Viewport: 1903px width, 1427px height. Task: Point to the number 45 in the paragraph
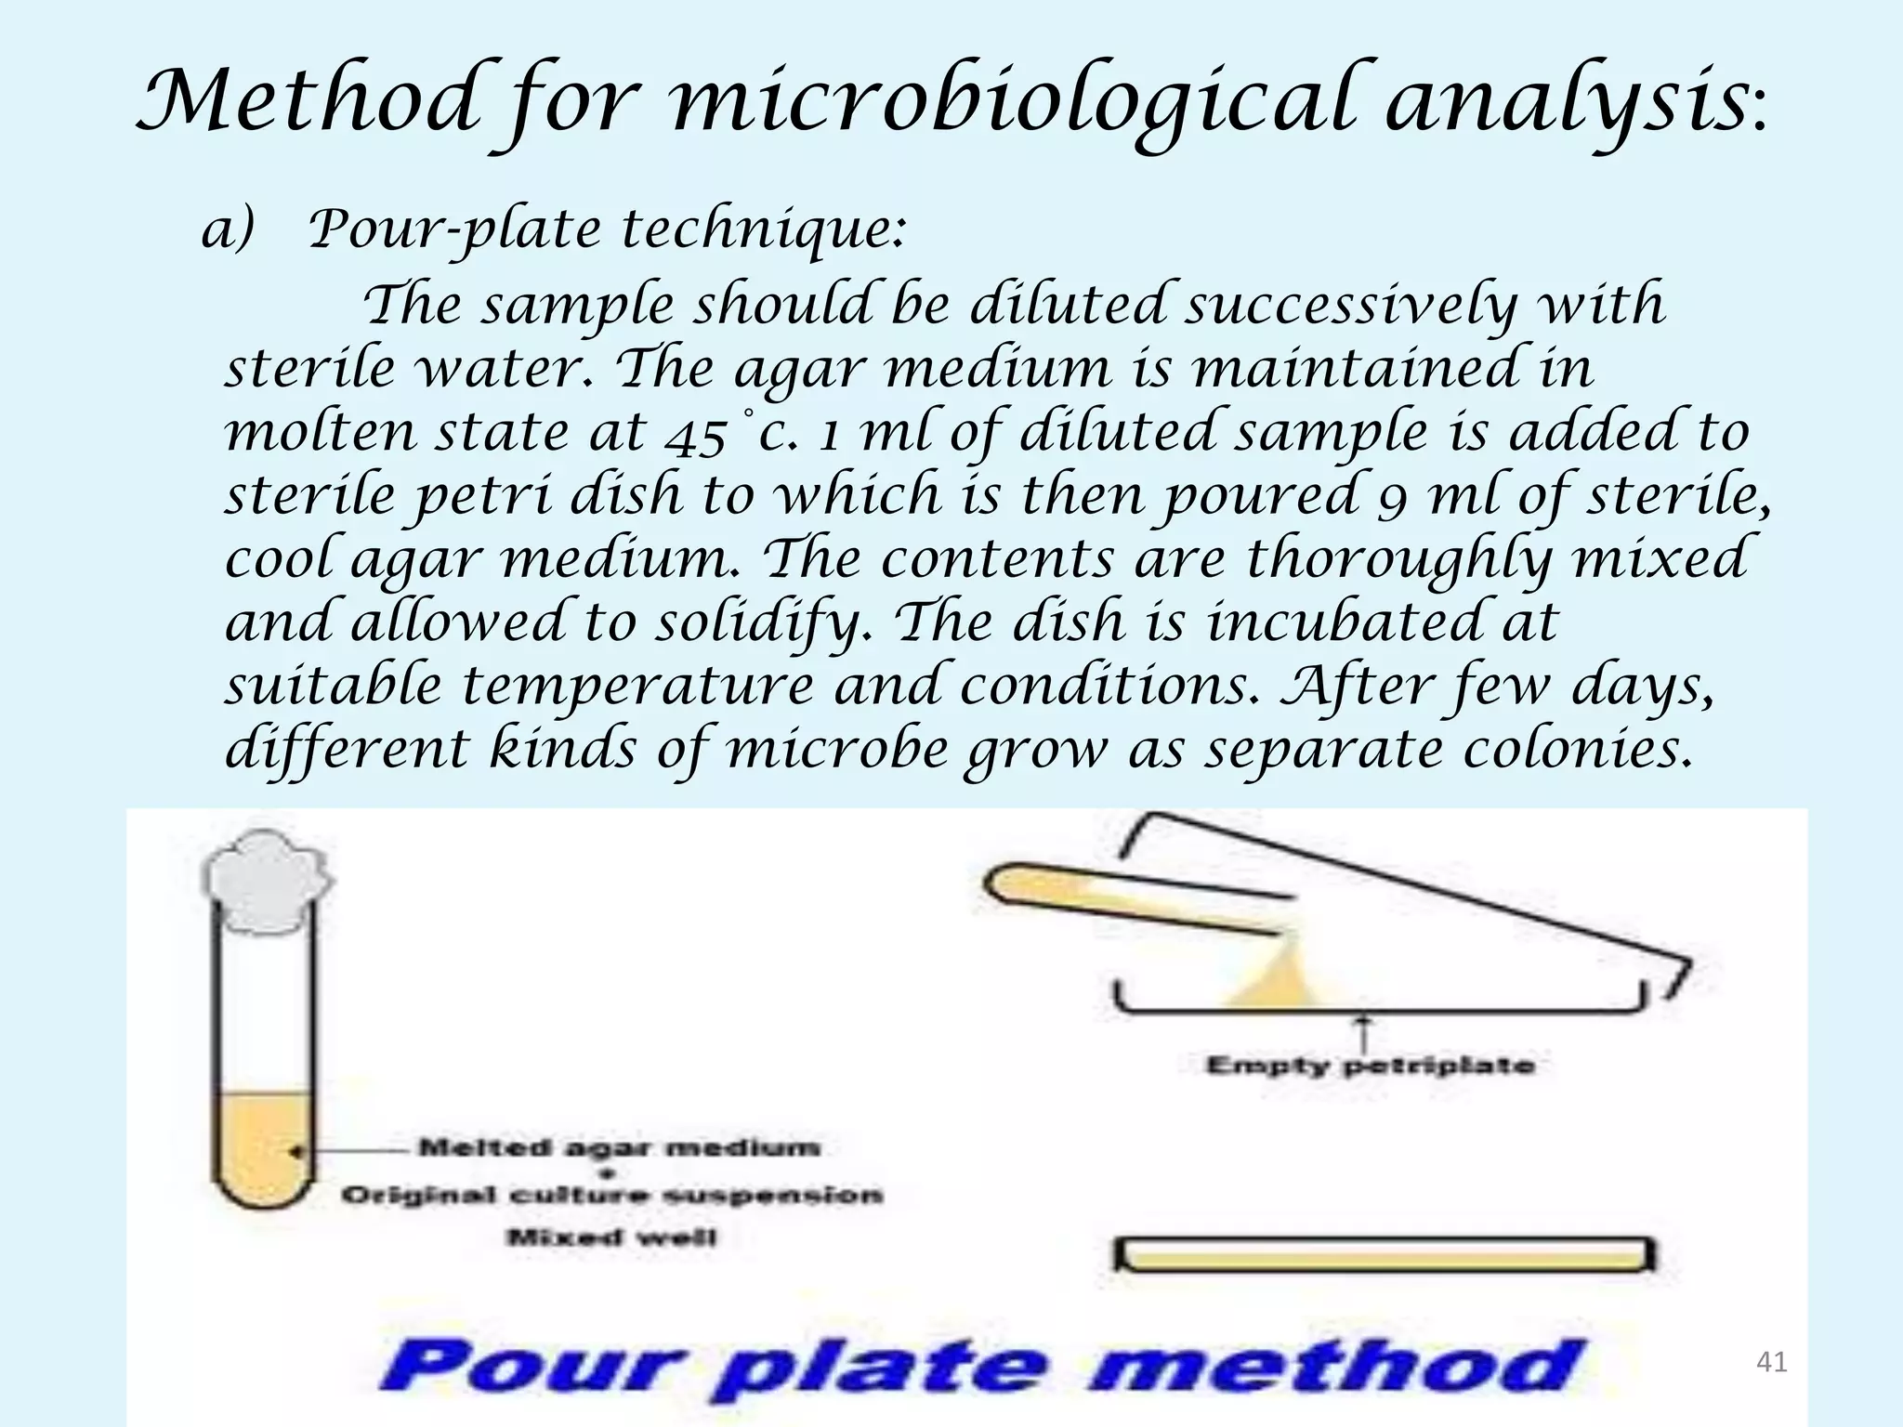[x=698, y=434]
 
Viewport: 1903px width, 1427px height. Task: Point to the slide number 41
[x=1772, y=1363]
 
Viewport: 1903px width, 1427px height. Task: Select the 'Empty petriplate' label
[x=1370, y=1065]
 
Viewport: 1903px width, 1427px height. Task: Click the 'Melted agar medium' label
[x=620, y=1147]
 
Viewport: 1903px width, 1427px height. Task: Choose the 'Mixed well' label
[x=612, y=1237]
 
